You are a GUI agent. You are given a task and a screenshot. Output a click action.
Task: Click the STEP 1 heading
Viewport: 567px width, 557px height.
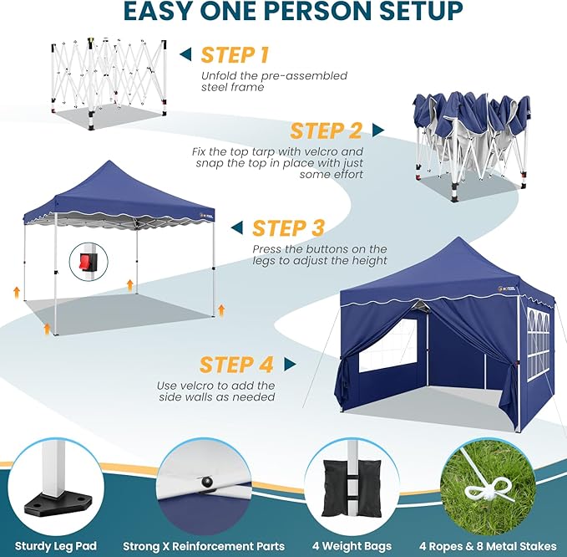click(x=235, y=55)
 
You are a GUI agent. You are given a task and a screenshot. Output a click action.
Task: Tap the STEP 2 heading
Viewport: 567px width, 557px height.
click(x=326, y=130)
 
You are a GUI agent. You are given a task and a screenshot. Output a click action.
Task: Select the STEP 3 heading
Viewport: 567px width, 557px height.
click(x=288, y=227)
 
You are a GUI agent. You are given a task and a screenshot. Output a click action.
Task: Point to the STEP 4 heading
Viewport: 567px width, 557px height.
click(x=236, y=365)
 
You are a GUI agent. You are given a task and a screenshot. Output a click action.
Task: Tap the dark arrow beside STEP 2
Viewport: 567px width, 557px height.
click(x=378, y=130)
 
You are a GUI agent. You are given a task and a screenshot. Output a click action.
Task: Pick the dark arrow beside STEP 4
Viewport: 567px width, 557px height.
click(x=290, y=365)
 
